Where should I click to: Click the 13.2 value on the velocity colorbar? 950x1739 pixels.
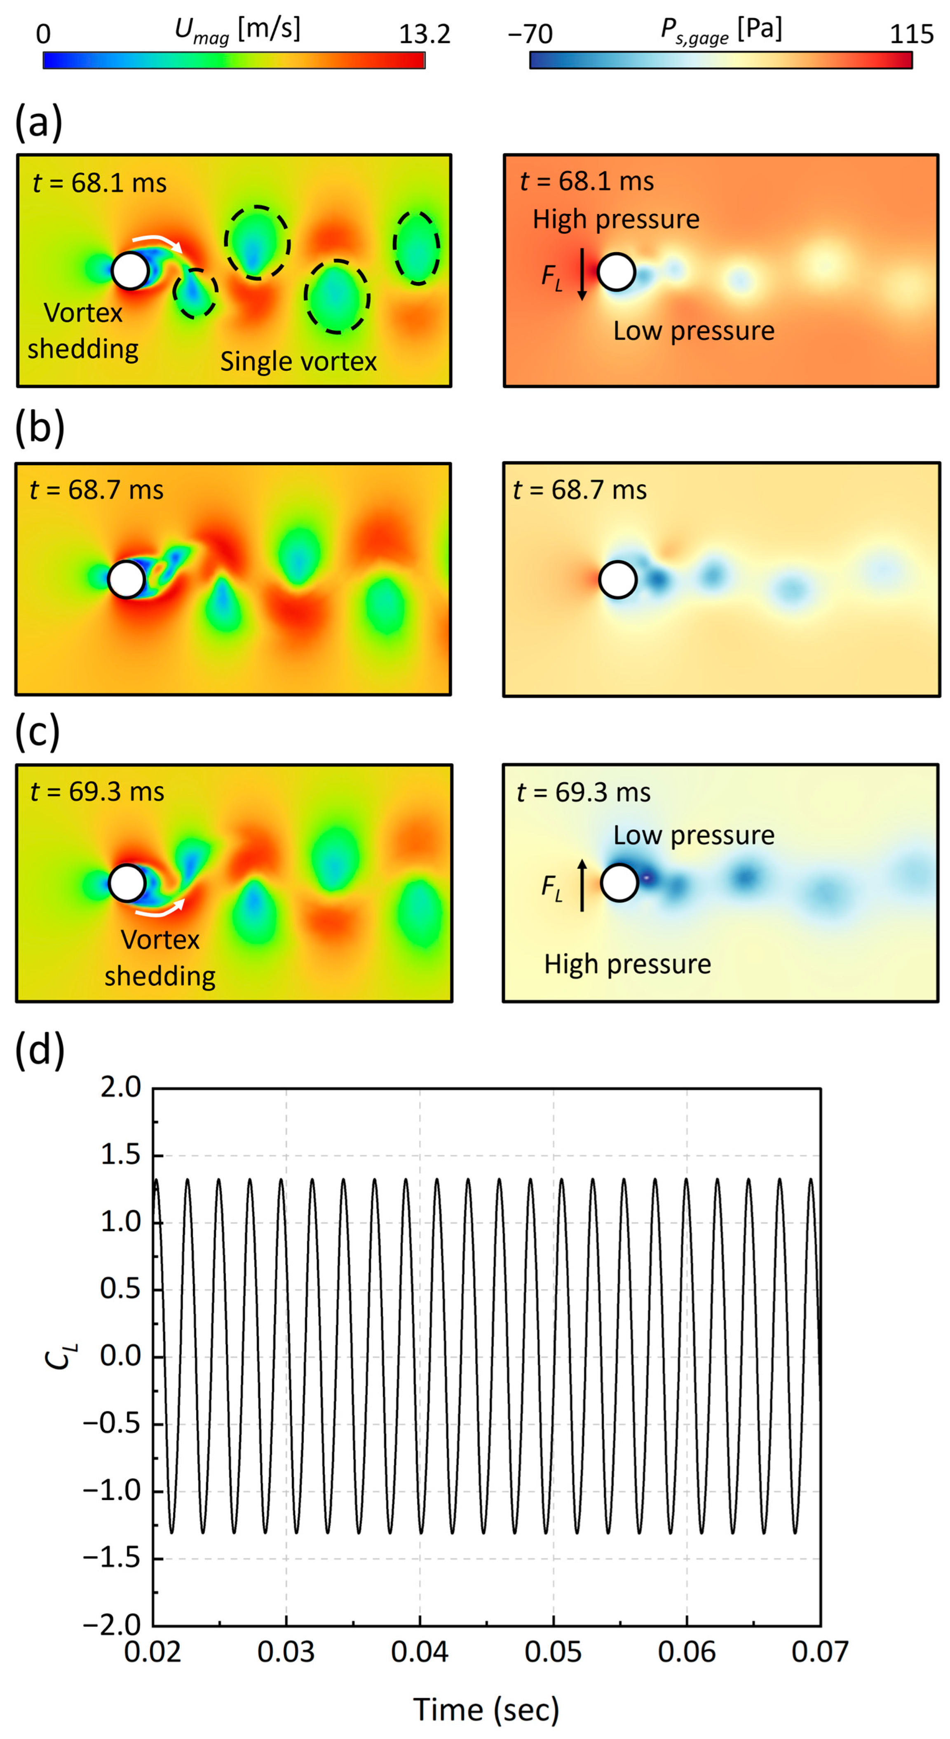coord(424,34)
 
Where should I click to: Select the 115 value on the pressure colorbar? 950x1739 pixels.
coord(912,34)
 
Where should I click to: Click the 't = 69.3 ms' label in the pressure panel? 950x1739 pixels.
coord(583,792)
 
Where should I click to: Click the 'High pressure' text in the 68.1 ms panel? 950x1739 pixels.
coord(616,219)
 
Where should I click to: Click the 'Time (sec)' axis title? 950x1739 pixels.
coord(486,1709)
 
